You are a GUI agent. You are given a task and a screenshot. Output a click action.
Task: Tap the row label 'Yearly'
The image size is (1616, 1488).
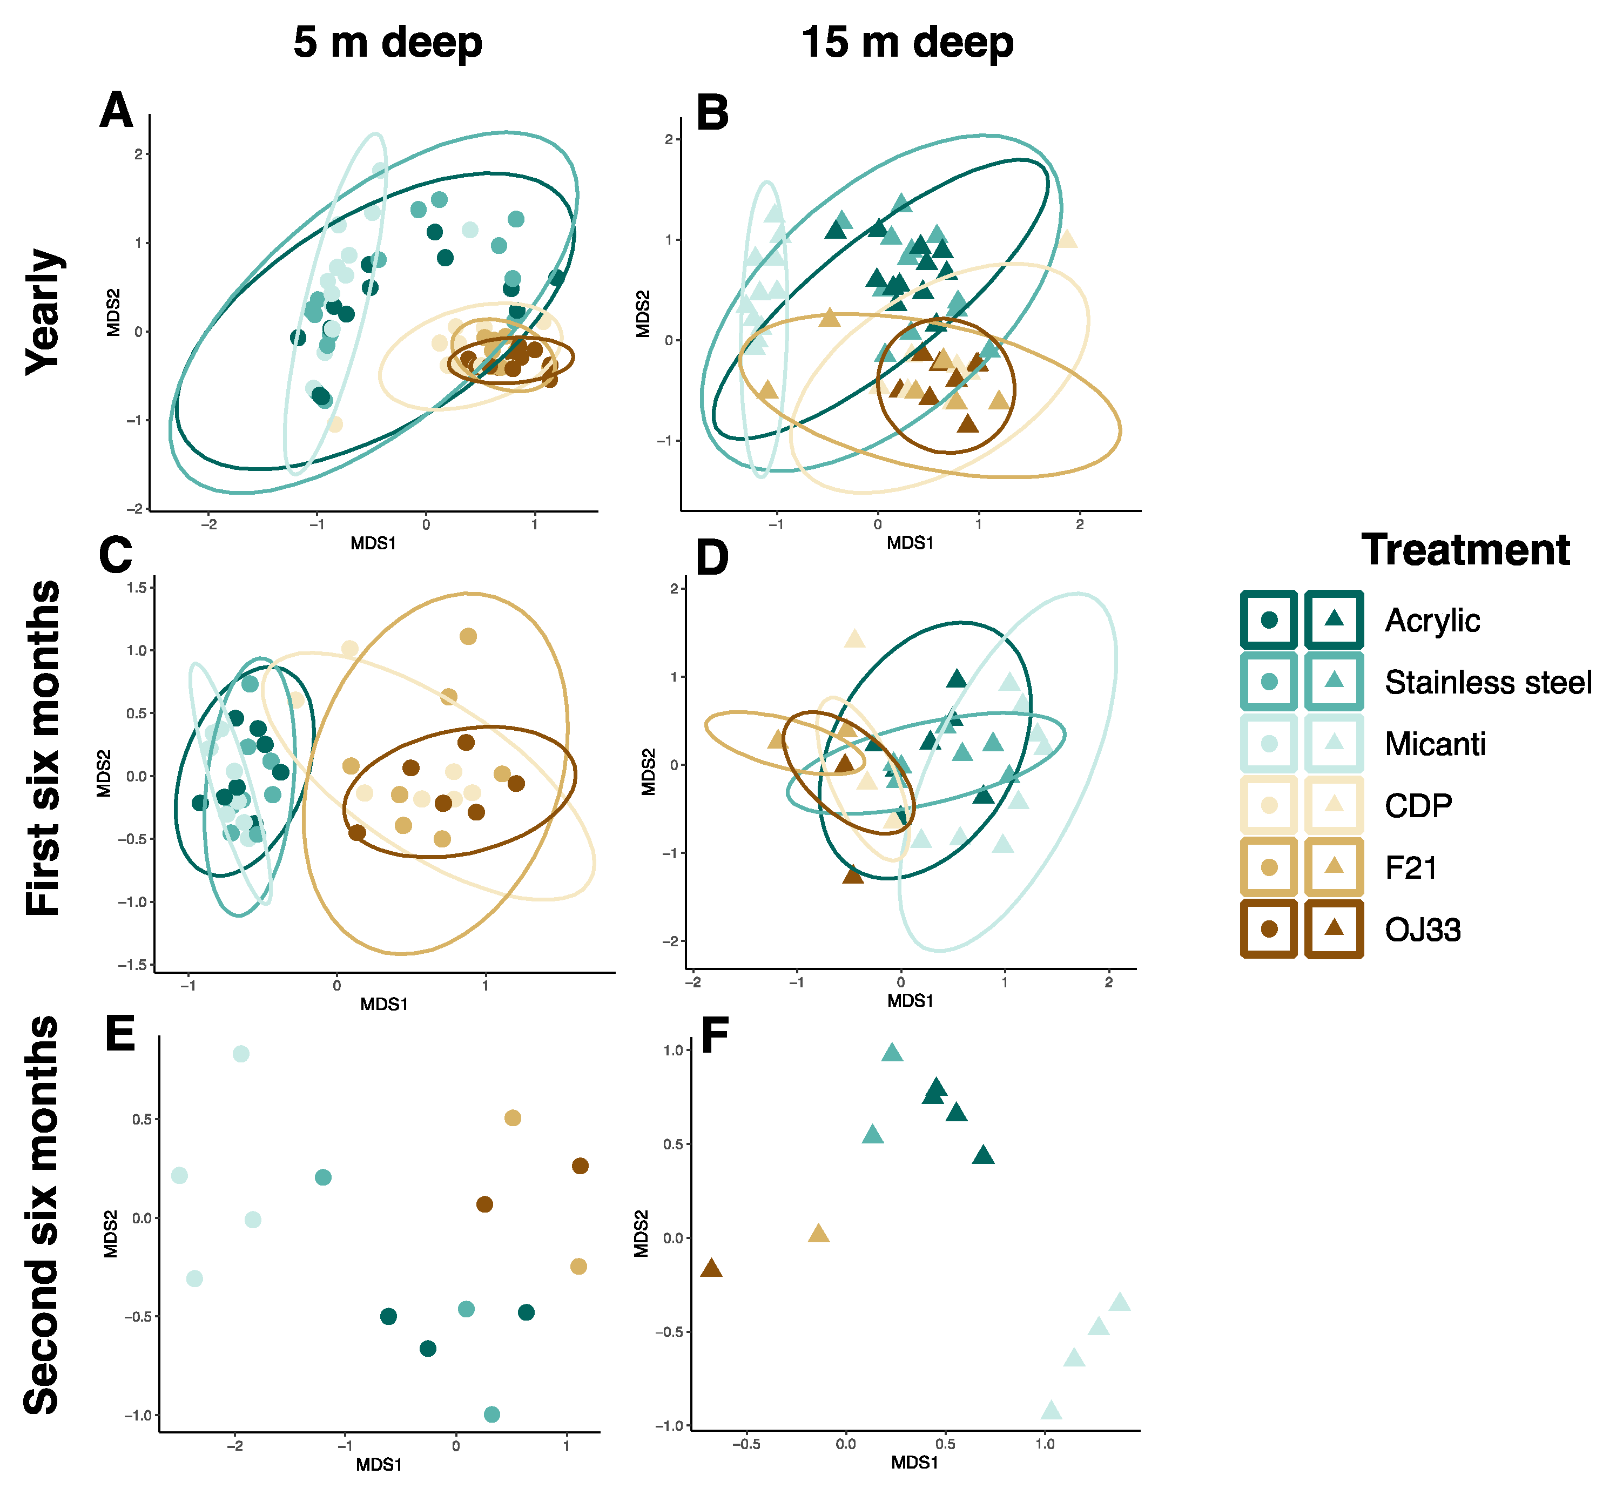click(x=44, y=312)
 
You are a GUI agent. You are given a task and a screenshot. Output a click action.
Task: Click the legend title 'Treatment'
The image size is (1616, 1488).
click(x=1465, y=551)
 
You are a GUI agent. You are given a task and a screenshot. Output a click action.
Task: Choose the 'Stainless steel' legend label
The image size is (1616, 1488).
click(x=1488, y=682)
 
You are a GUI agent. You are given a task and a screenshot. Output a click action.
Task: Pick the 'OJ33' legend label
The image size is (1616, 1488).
click(x=1422, y=930)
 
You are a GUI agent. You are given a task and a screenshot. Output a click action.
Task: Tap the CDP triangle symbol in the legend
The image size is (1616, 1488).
click(x=1334, y=804)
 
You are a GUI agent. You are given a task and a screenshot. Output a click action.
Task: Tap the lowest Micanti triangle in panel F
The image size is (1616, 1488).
click(x=1051, y=1410)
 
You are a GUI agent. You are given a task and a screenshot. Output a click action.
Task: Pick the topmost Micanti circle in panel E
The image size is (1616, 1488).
click(x=241, y=1054)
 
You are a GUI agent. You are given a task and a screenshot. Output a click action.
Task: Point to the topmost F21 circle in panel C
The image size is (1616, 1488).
click(x=468, y=637)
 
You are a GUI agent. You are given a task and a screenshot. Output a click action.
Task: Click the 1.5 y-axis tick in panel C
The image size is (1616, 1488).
click(x=137, y=588)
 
